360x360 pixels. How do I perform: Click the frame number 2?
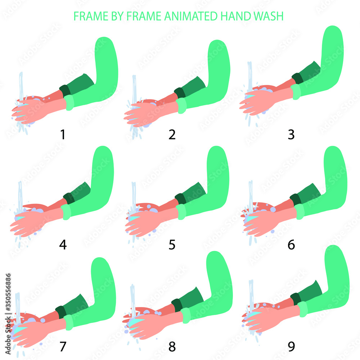click(172, 134)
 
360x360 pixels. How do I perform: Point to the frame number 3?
click(291, 134)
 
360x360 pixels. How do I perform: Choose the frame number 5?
click(172, 245)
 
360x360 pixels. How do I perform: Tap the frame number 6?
click(291, 245)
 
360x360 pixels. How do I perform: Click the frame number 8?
click(172, 346)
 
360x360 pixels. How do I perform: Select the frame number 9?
click(291, 346)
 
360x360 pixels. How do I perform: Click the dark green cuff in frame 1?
click(64, 90)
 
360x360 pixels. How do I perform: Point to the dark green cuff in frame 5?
click(180, 198)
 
